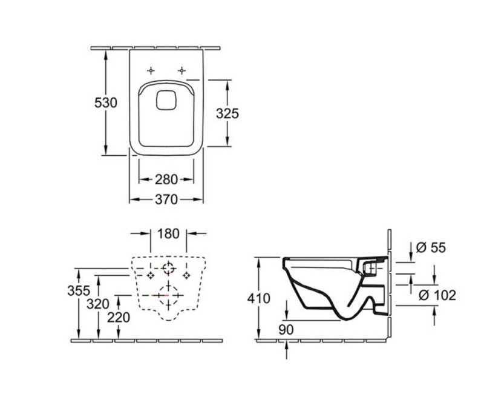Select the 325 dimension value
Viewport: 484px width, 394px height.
point(228,113)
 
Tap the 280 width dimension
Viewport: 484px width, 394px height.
point(166,179)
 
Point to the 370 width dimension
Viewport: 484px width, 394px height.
point(166,199)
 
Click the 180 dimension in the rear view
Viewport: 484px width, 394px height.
point(168,233)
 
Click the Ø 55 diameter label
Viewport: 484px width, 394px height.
point(431,247)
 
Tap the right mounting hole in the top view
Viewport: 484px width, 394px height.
point(181,70)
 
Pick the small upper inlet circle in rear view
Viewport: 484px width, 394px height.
point(168,268)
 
